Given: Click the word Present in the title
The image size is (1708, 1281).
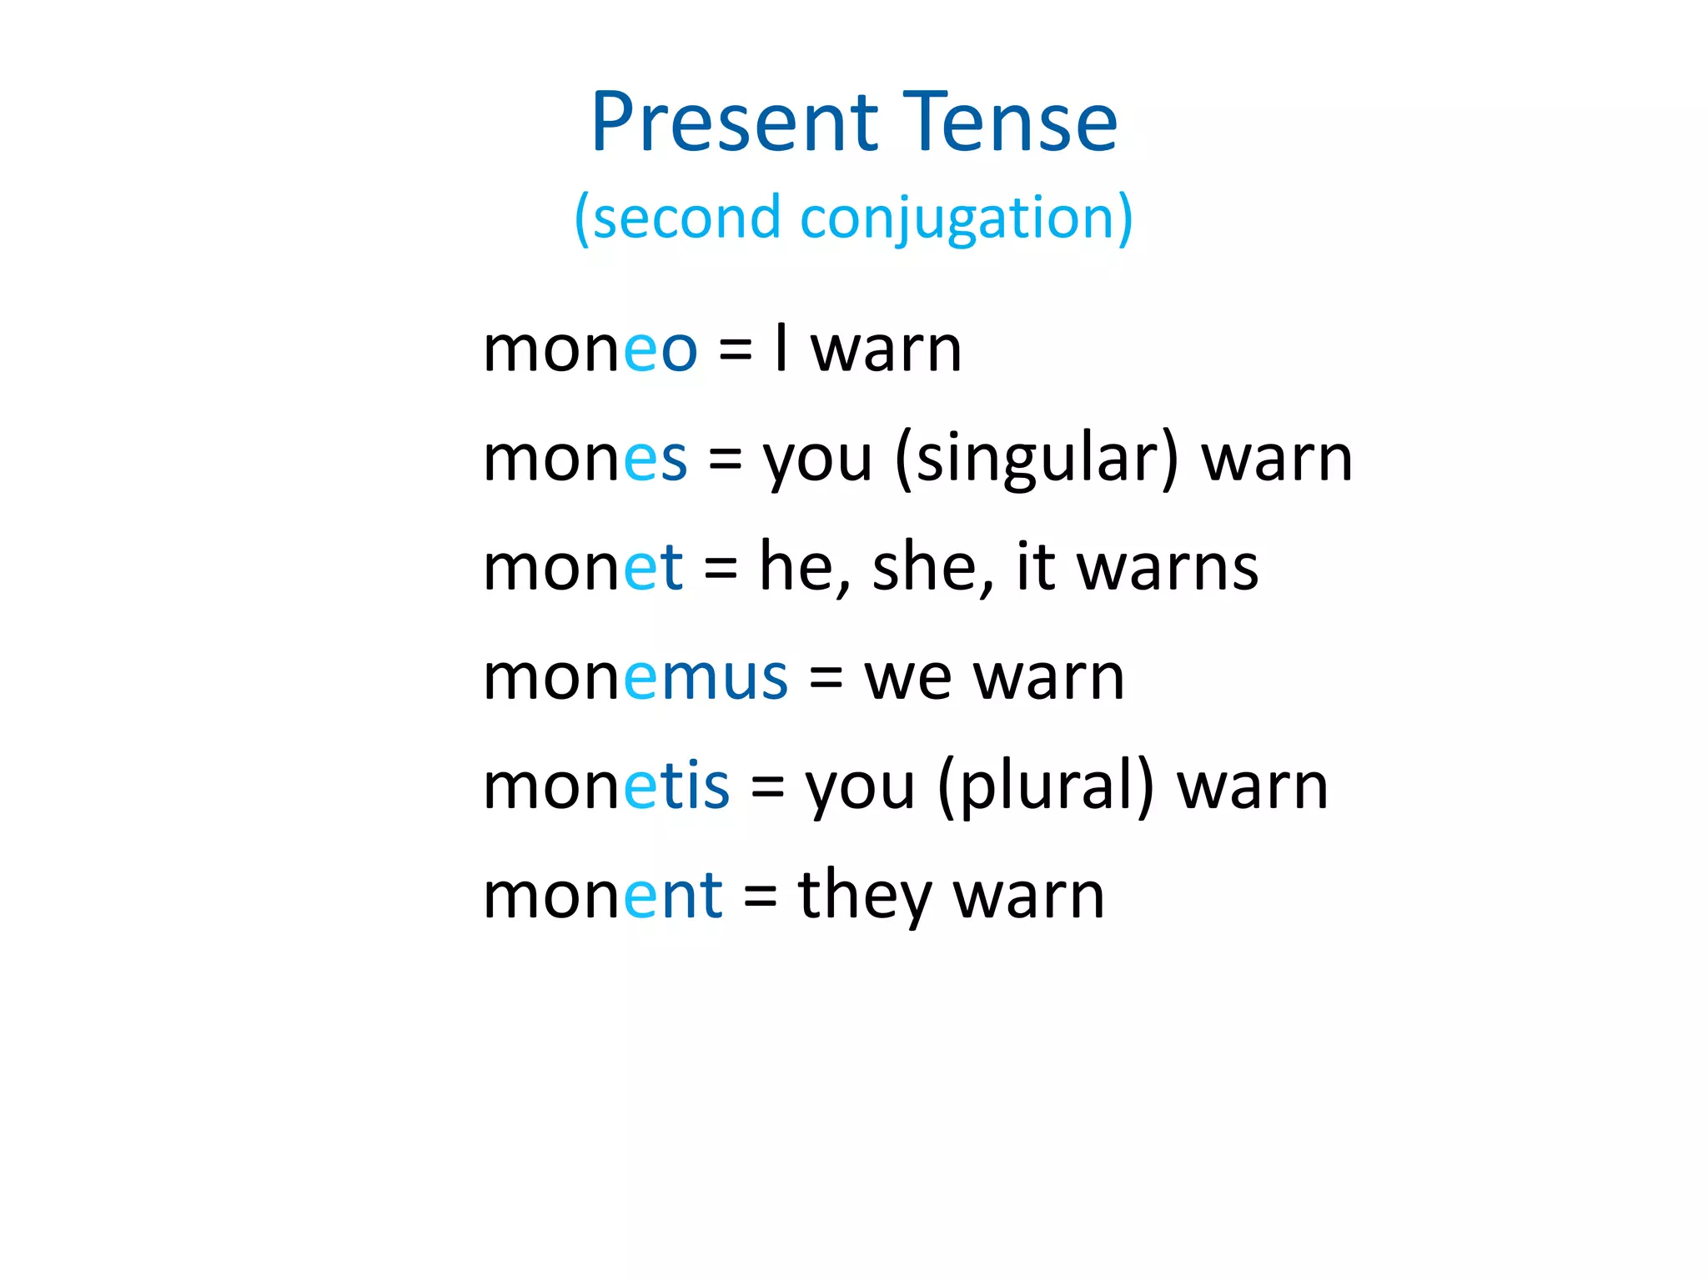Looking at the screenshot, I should click(734, 123).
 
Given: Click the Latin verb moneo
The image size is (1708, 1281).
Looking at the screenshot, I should click(590, 349).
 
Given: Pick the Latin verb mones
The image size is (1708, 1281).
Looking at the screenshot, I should click(585, 459).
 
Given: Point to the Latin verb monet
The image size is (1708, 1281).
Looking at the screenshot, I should click(583, 567).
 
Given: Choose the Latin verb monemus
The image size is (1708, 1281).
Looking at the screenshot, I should click(635, 676).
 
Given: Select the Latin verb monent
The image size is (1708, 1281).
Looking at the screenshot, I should click(602, 895).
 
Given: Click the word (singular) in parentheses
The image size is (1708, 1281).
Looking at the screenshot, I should click(1037, 459).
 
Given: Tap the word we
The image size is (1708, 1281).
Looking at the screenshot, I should click(907, 676).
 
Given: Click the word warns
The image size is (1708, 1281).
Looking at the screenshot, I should click(1168, 567).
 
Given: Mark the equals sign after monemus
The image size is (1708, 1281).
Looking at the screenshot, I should click(826, 676).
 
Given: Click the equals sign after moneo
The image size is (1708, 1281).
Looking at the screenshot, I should click(735, 349).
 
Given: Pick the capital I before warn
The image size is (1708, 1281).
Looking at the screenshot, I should click(781, 349).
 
